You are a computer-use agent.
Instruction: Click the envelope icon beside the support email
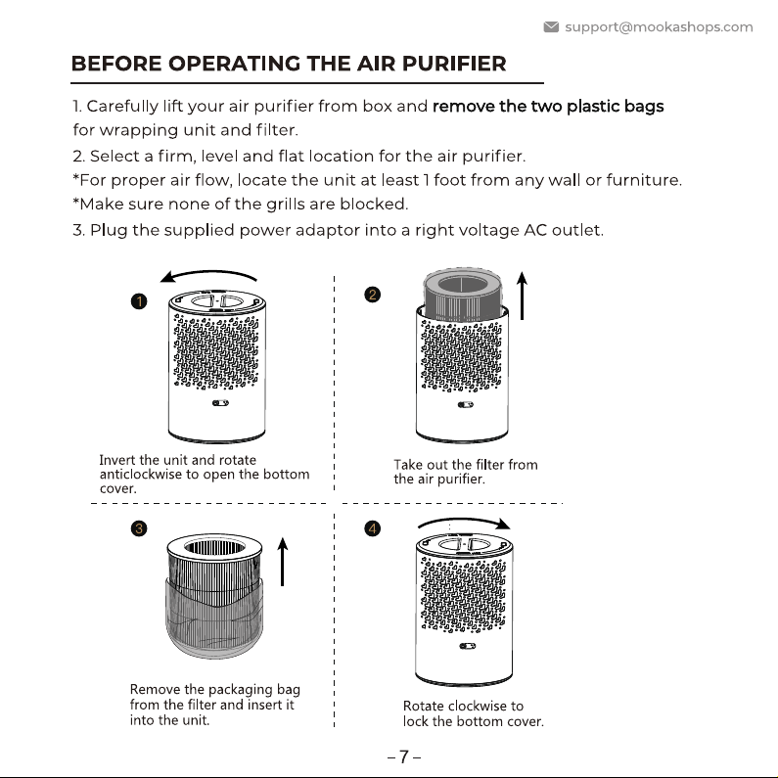click(x=551, y=26)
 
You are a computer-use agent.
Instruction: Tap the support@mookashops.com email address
click(x=659, y=26)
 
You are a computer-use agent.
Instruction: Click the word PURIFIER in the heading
click(x=454, y=64)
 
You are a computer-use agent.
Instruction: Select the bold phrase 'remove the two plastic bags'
click(x=548, y=107)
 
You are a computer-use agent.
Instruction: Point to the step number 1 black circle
click(x=139, y=301)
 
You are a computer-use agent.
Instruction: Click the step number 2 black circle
click(x=372, y=295)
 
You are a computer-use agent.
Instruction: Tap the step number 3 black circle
click(x=139, y=528)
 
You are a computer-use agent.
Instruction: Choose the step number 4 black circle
click(x=372, y=528)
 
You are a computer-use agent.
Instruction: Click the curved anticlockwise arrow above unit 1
click(x=209, y=271)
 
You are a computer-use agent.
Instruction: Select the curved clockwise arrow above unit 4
click(x=464, y=520)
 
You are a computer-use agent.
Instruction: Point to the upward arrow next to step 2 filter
click(x=522, y=296)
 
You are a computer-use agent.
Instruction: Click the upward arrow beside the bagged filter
click(x=283, y=562)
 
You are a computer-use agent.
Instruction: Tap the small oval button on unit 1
click(x=220, y=403)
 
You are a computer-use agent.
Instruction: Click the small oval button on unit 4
click(x=468, y=646)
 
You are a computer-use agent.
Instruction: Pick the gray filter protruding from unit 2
click(x=463, y=294)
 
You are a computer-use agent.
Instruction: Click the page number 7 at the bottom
click(x=404, y=757)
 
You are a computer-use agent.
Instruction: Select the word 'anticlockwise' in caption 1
click(x=140, y=475)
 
